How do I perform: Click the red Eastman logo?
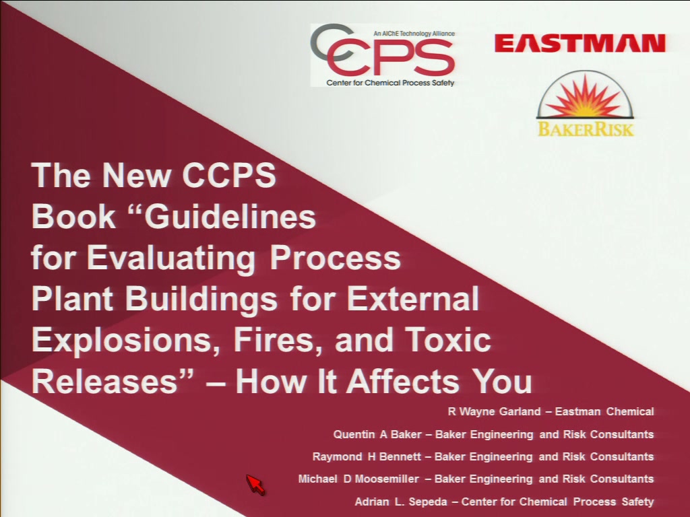(580, 44)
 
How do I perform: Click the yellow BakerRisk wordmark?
(586, 129)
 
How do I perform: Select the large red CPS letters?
(391, 57)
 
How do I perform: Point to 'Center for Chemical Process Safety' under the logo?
(390, 83)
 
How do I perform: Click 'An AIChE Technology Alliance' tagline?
(414, 34)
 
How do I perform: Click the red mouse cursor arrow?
(255, 485)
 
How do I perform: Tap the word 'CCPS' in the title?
(229, 175)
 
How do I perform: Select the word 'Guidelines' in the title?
(230, 216)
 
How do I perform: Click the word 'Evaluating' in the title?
(171, 258)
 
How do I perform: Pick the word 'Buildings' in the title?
(201, 299)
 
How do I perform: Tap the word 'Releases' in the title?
(104, 381)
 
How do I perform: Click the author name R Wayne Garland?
(494, 412)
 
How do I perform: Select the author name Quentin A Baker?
(377, 434)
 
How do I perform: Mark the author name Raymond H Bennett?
(367, 457)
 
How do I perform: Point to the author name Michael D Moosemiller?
(358, 479)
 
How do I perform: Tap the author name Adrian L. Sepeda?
(401, 502)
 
